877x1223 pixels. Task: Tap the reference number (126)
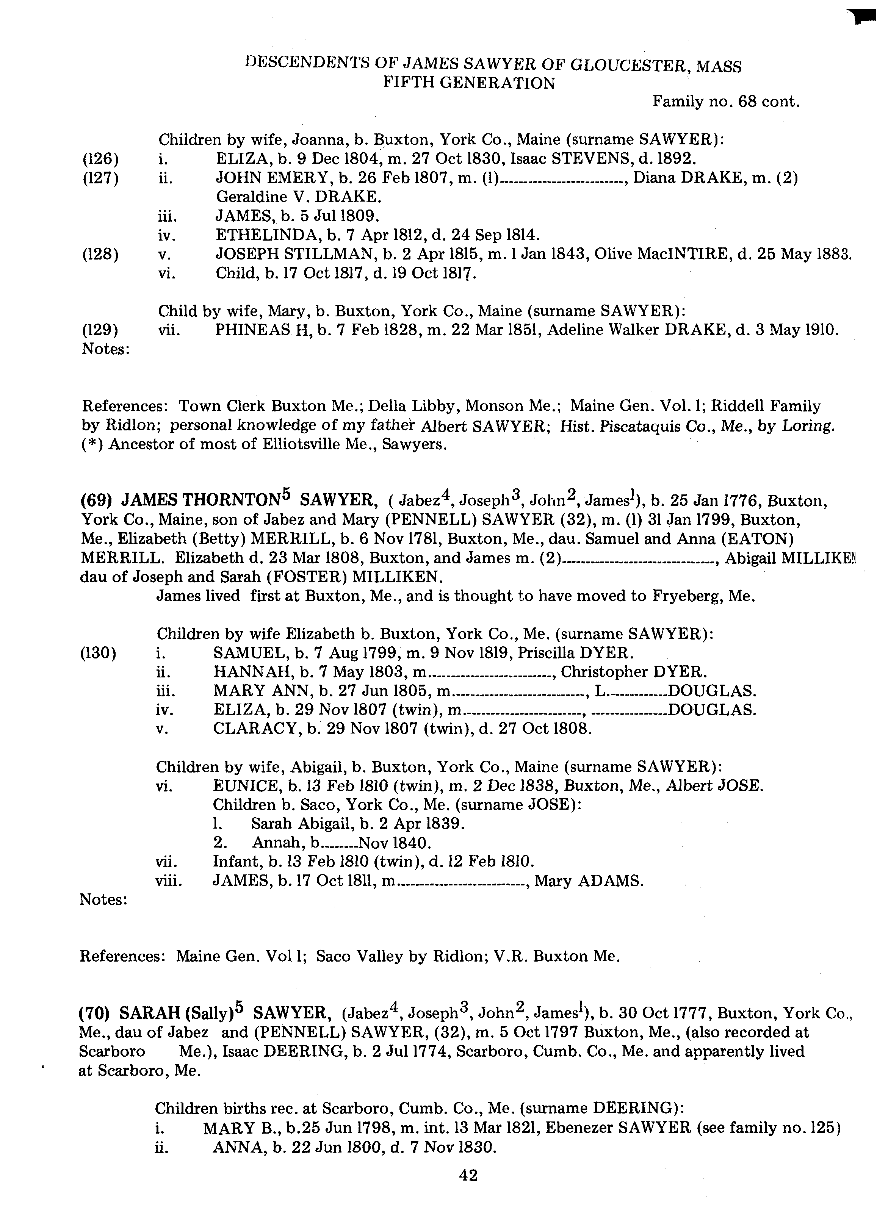[x=100, y=159]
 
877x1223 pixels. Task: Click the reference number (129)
[x=100, y=330]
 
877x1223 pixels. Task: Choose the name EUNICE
[x=242, y=786]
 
